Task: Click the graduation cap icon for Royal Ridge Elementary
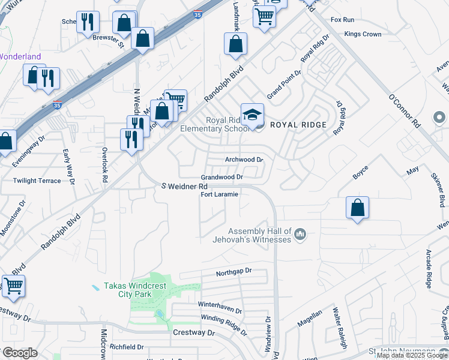pos(252,115)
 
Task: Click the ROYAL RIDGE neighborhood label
pos(298,125)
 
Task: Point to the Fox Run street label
pos(342,20)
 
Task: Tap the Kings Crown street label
pos(363,34)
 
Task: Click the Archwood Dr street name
pos(244,160)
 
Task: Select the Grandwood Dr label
pos(221,178)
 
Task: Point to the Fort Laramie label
pos(219,195)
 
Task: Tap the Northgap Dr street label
pos(234,271)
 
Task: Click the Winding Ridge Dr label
pos(224,323)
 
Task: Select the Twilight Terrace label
pos(37,181)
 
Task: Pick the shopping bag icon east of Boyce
pos(357,208)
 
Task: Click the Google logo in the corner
pos(20,353)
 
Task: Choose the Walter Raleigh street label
pos(340,328)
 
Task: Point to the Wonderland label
pos(20,57)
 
